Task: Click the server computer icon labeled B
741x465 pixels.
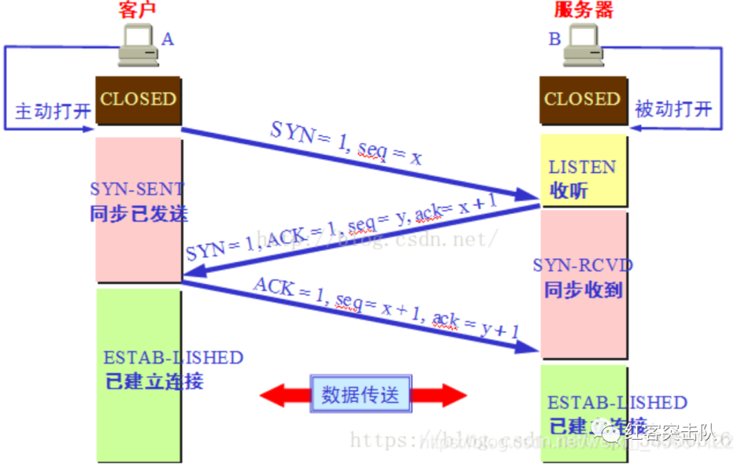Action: coord(583,45)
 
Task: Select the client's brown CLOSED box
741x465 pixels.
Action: coord(138,100)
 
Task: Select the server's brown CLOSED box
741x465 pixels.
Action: coord(583,100)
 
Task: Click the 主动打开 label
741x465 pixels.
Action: coord(53,112)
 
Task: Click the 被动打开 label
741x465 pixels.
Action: coord(673,109)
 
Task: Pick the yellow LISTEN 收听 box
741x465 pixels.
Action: coord(583,171)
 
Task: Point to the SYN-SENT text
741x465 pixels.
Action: coord(137,189)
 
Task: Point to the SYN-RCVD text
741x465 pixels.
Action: coord(583,265)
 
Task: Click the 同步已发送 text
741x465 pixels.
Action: coord(138,213)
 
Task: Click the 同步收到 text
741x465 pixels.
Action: coord(583,290)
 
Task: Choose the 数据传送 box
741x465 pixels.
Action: coord(361,394)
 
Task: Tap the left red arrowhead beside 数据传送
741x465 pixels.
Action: coord(278,394)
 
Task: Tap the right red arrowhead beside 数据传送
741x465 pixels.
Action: coord(449,394)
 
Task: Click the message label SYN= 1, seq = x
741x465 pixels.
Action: coord(345,145)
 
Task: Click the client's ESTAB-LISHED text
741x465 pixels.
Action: coord(173,358)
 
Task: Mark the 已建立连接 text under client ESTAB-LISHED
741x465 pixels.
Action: coord(154,381)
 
